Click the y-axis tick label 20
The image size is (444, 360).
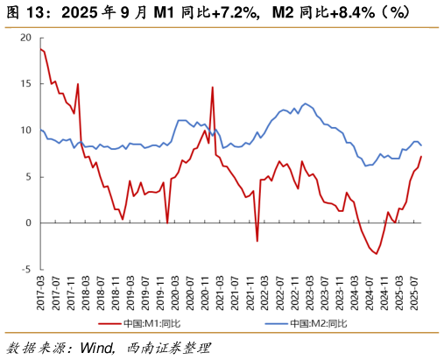(25, 38)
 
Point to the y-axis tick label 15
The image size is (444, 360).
(25, 84)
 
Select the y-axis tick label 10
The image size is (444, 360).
(25, 131)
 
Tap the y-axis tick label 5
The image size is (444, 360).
(27, 177)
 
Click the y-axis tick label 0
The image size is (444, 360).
(27, 223)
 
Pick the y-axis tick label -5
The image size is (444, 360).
(25, 270)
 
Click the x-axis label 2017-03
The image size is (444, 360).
(40, 293)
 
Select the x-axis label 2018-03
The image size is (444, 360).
(86, 293)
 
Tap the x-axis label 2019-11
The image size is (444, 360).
(161, 293)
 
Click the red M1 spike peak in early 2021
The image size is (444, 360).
(213, 87)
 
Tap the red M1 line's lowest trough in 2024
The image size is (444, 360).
(377, 254)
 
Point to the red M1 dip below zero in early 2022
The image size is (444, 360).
(257, 241)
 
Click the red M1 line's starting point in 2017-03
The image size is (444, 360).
(40, 49)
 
